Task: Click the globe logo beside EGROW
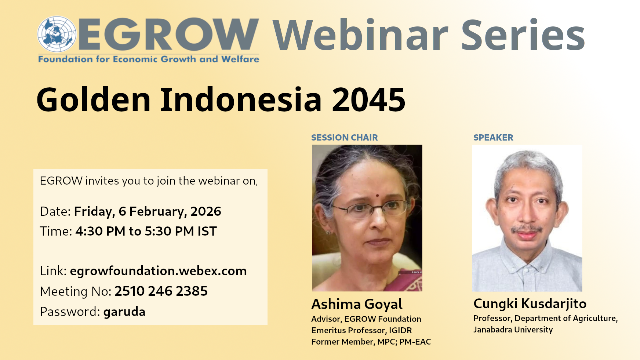coord(57,34)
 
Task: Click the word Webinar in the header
coord(360,35)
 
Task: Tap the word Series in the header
coord(523,35)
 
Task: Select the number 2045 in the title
coord(368,99)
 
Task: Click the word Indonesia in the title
coord(241,99)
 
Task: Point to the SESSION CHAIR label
coord(344,138)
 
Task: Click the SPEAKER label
coord(493,138)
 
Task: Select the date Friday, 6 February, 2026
coord(148,212)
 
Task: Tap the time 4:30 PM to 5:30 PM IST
coord(146,231)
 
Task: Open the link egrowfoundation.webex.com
coord(158,271)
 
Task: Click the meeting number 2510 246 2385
coord(161,291)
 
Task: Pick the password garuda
coord(124,312)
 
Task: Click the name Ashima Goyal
coord(357,304)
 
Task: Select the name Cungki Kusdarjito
coord(530,304)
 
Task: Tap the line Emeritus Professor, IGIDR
coord(361,330)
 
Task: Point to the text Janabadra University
coord(513,330)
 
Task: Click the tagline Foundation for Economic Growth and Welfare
coord(149,59)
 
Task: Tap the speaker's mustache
coord(527,229)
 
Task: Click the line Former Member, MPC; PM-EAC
coord(371,342)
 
